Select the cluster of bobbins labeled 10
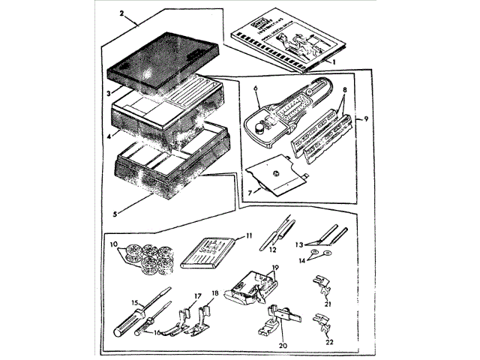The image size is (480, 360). tap(146, 257)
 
